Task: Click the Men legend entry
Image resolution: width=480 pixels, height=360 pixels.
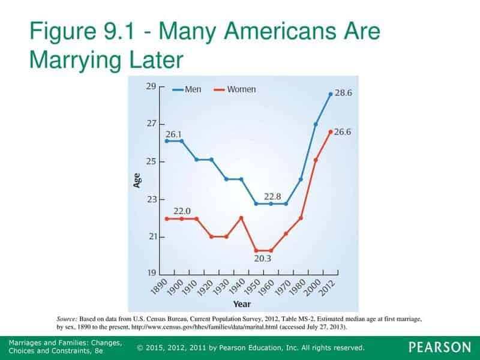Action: [x=187, y=89]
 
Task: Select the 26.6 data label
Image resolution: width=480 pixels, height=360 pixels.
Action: [x=344, y=132]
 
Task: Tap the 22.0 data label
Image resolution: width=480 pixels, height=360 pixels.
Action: [x=182, y=211]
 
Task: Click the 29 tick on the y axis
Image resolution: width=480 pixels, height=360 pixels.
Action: [x=151, y=86]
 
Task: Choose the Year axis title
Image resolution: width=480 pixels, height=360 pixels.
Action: [x=242, y=304]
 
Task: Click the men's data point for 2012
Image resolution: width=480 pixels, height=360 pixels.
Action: [x=331, y=94]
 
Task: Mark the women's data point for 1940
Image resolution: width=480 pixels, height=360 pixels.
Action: [x=241, y=218]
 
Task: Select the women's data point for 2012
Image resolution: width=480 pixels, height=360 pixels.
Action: [x=331, y=131]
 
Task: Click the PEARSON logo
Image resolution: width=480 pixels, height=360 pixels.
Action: [x=440, y=347]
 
